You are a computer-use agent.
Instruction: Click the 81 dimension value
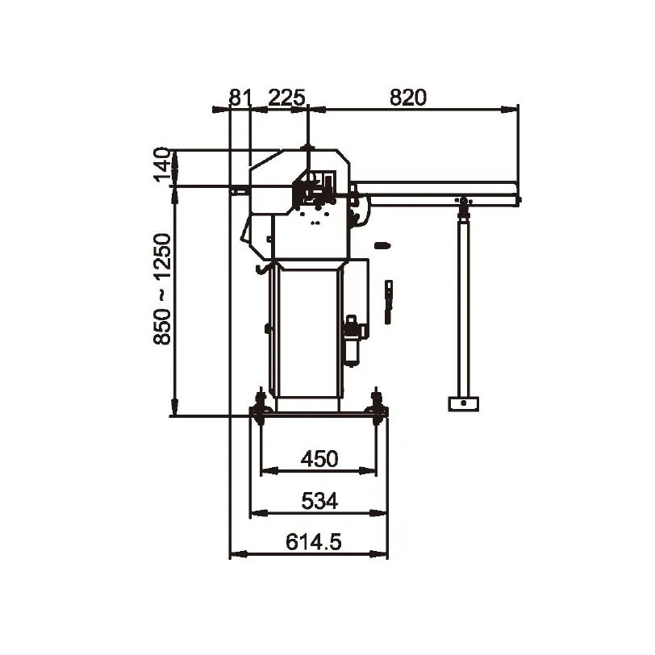coord(240,98)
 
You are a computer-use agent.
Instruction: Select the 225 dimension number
coord(286,98)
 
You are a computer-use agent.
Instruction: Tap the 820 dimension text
coord(408,98)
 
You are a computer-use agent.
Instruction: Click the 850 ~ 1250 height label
coord(162,289)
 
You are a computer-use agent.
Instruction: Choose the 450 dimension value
coord(319,459)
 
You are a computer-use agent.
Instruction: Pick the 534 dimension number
coord(319,501)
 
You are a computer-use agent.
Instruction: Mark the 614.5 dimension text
coord(313,542)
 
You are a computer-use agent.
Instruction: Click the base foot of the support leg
coord(463,403)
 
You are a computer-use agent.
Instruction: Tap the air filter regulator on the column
coord(351,341)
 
